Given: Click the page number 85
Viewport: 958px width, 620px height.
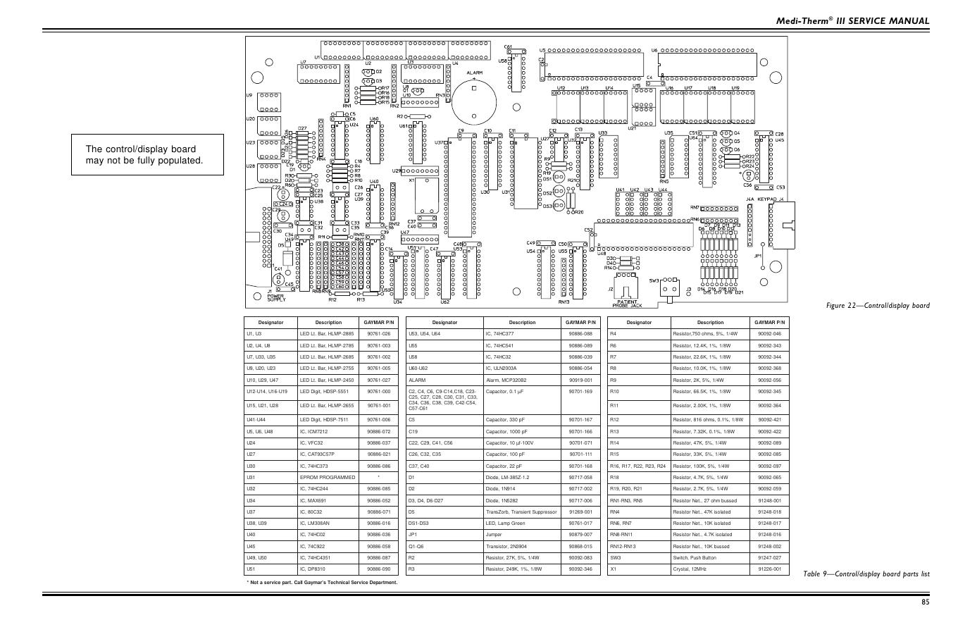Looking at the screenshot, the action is (925, 602).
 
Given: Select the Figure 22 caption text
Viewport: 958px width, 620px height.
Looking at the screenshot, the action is (878, 305).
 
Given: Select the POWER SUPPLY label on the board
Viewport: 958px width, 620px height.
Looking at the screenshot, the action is (276, 297).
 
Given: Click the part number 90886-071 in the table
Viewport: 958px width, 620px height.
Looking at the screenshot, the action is (378, 512).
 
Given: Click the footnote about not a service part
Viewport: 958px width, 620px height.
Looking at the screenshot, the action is (322, 583).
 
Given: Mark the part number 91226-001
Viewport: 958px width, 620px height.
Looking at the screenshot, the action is (769, 569).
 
